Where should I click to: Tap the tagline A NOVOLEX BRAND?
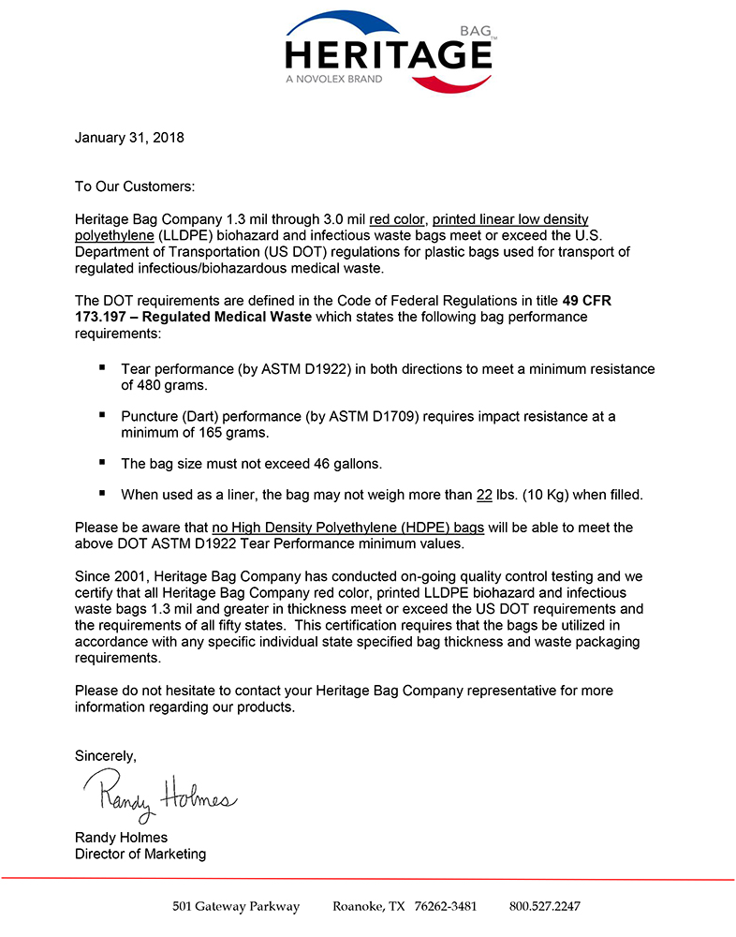pyautogui.click(x=334, y=80)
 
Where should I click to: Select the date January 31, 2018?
pyautogui.click(x=129, y=138)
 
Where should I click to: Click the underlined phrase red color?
pyautogui.click(x=396, y=220)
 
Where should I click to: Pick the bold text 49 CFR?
pyautogui.click(x=587, y=301)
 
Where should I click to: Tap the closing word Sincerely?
pyautogui.click(x=105, y=755)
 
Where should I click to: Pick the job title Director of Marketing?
pyautogui.click(x=140, y=854)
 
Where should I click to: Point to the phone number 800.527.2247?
pyautogui.click(x=545, y=906)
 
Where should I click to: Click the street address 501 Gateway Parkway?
pyautogui.click(x=236, y=906)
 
